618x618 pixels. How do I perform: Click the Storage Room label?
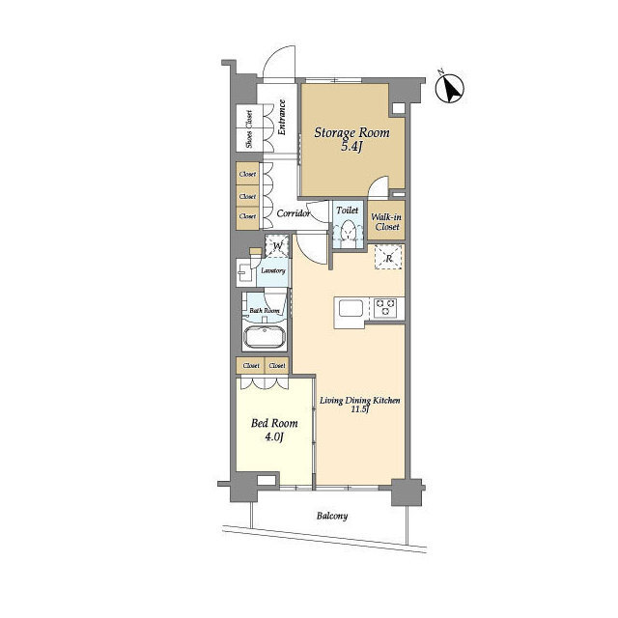351,133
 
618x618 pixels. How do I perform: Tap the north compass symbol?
449,88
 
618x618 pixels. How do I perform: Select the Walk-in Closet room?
386,221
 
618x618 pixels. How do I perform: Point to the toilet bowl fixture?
348,232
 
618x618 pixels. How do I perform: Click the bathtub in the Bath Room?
265,337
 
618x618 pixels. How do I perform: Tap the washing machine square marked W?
277,246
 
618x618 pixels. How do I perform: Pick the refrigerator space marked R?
388,258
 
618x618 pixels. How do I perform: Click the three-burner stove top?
385,307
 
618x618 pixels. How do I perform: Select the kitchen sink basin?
351,308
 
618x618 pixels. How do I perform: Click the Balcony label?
332,516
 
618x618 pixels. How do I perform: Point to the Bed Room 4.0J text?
274,430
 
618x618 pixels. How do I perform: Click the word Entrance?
282,118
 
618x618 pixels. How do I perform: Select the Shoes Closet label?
249,129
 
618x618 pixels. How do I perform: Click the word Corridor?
294,213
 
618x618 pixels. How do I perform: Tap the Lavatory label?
273,270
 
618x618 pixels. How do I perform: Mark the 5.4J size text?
351,148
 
